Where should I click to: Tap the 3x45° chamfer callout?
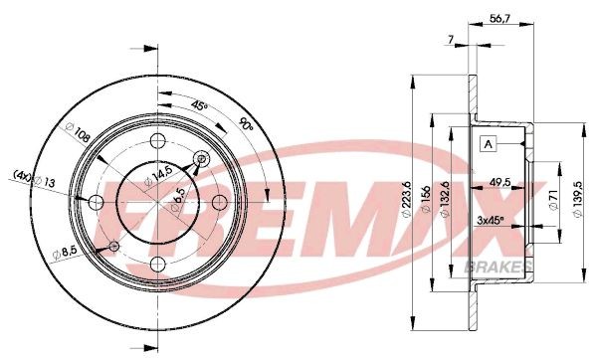tap(490, 219)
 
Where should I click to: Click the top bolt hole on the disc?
tap(158, 140)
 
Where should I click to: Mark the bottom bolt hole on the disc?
tap(158, 264)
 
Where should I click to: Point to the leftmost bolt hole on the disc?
tap(97, 202)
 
